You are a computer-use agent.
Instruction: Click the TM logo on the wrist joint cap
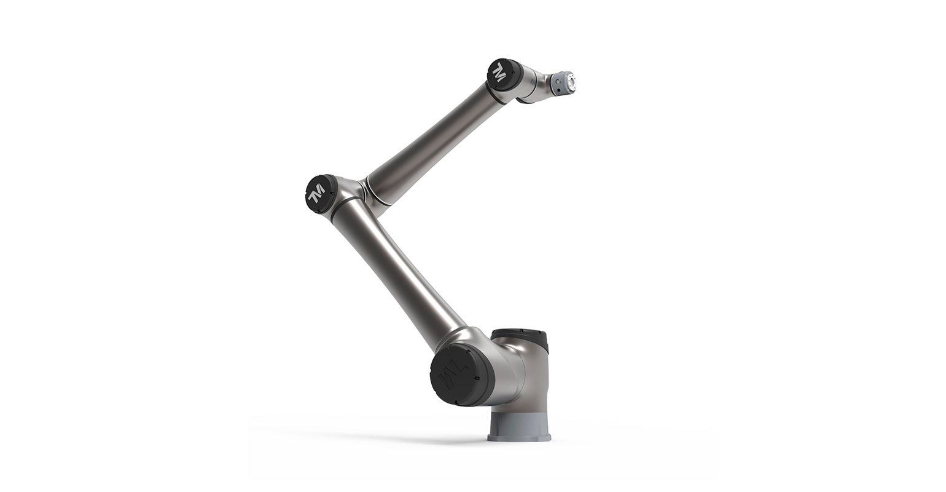499,72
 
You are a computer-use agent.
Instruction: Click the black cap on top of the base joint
520,337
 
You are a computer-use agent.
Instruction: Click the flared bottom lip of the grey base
519,438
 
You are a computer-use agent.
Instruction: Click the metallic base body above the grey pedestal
522,375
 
